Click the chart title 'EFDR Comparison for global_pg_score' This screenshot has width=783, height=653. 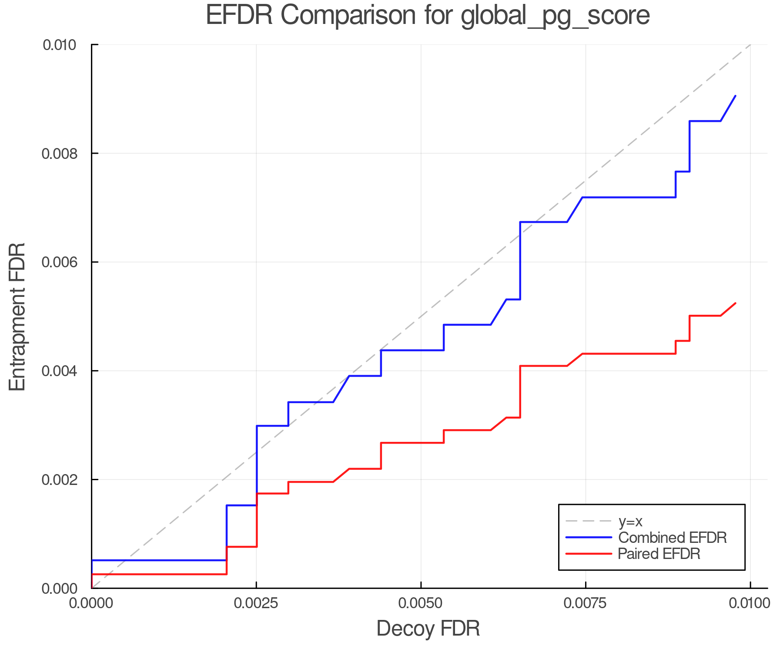(428, 16)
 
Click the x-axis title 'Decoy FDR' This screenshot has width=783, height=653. (428, 629)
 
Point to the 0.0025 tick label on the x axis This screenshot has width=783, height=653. (256, 603)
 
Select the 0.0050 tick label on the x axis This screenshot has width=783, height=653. (421, 603)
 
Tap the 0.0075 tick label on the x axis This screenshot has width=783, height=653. (585, 603)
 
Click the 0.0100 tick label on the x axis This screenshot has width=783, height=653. (750, 603)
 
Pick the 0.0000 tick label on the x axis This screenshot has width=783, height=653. (92, 603)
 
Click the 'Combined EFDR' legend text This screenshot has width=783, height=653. (673, 538)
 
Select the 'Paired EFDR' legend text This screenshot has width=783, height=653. (659, 554)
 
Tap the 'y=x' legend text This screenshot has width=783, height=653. (630, 521)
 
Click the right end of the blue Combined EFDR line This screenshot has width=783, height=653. (735, 96)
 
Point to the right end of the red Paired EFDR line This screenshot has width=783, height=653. (735, 303)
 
